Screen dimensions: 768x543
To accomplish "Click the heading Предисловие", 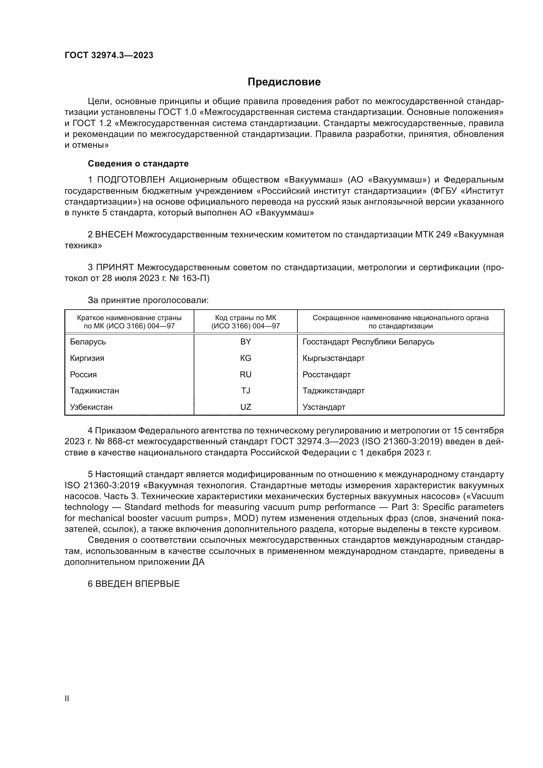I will tap(284, 82).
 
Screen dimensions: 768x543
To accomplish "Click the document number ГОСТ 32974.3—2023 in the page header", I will tap(109, 55).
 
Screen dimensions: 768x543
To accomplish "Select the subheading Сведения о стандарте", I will tap(138, 164).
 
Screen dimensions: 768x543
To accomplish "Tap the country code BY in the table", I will tap(246, 342).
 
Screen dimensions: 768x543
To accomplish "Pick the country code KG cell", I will tap(246, 358).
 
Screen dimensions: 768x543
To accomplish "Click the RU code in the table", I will tap(246, 375).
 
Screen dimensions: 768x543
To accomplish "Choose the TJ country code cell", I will tap(246, 391).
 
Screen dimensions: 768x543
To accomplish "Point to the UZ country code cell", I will tap(246, 407).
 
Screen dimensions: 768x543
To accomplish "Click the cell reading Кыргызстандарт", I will tap(333, 358).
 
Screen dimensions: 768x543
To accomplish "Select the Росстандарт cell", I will tap(326, 375).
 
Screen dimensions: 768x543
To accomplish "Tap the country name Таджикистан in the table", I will tap(94, 391).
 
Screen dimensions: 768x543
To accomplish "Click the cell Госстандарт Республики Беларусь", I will tap(368, 342).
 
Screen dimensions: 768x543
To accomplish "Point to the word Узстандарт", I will tap(324, 407).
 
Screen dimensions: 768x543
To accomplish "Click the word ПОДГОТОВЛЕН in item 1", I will tap(131, 180).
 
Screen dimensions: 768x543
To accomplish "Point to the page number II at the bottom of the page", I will tap(67, 699).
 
